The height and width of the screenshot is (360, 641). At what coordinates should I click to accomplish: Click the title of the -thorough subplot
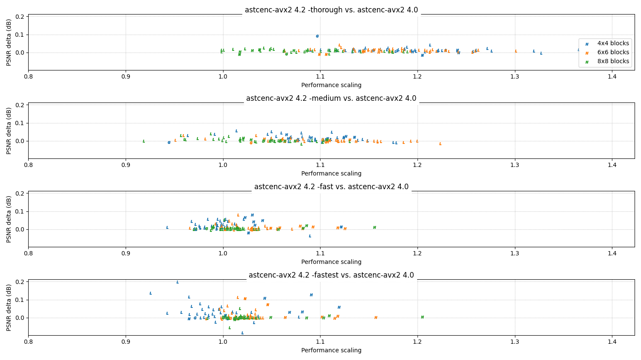pos(331,10)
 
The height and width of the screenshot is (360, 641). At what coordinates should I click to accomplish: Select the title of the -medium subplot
pos(331,98)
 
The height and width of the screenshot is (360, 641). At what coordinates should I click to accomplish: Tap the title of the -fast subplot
pos(331,187)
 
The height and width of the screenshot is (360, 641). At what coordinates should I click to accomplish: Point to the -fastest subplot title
pos(331,275)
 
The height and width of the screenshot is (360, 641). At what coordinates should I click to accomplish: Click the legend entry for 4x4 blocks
pos(613,43)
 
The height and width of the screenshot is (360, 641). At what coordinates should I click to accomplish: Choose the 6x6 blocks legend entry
pos(613,52)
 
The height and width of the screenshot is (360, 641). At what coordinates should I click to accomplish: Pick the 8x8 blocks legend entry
pos(613,61)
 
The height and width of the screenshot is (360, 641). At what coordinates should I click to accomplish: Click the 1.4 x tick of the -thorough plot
pos(612,77)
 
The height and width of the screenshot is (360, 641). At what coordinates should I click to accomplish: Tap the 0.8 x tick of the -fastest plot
pos(28,342)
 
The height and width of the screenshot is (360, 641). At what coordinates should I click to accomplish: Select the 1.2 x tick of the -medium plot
pos(418,165)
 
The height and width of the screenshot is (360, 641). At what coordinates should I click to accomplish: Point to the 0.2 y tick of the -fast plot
pos(20,193)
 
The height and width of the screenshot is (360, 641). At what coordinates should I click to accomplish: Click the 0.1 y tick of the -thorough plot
pos(20,35)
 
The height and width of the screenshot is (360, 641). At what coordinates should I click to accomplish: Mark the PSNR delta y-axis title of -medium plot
pos(9,131)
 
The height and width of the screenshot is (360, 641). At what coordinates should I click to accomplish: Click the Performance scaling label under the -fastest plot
pos(331,350)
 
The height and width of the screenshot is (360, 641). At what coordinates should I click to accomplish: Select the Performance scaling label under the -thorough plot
pos(331,85)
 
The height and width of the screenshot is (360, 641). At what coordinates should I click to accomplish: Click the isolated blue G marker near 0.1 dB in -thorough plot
pos(317,36)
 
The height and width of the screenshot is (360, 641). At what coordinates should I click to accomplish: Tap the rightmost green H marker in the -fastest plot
pos(422,317)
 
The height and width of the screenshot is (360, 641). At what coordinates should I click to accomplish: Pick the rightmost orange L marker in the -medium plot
pos(440,144)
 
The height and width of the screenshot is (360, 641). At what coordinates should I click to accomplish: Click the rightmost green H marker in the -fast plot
pos(374,228)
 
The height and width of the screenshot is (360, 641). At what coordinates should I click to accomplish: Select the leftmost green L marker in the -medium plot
pos(144,141)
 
